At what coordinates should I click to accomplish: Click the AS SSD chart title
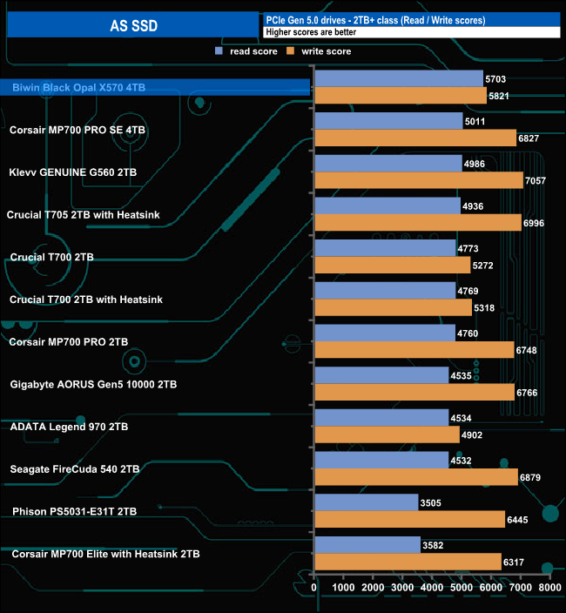133,25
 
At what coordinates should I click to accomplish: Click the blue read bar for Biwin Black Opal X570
398,79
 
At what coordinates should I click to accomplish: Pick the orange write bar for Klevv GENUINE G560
418,180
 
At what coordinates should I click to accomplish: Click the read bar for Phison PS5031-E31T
366,502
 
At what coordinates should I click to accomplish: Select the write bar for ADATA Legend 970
387,434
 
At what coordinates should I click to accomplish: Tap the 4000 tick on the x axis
432,589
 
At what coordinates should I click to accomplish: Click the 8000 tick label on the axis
549,589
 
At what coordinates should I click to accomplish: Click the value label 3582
433,545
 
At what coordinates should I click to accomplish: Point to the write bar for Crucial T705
417,223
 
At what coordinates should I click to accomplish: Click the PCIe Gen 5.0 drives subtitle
375,19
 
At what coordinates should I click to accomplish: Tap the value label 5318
484,307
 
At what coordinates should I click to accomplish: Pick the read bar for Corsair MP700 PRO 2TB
384,333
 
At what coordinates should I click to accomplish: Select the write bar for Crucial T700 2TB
392,265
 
